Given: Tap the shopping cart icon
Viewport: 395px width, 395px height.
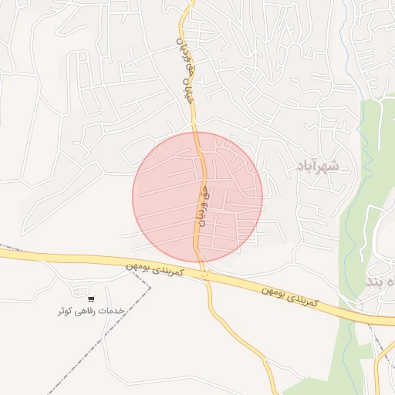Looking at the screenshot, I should pyautogui.click(x=92, y=299).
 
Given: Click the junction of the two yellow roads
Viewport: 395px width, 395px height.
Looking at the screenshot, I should pyautogui.click(x=205, y=275).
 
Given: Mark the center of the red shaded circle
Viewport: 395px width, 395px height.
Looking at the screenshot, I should pyautogui.click(x=197, y=197).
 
